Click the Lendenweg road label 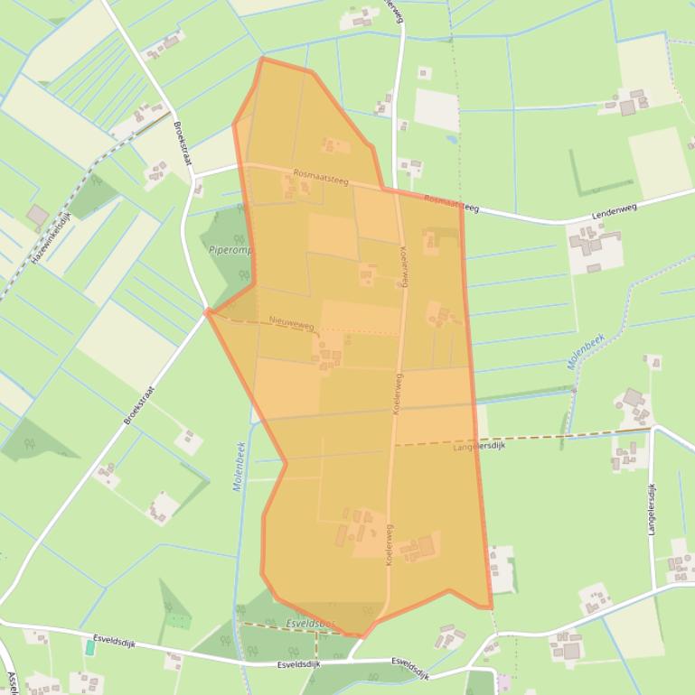tap(615, 208)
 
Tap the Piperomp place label tap(230, 250)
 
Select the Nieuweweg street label tap(291, 322)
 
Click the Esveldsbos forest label tap(310, 624)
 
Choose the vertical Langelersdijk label tap(652, 509)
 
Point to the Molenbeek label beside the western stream tap(239, 466)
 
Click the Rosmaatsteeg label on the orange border tap(450, 203)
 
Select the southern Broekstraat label tap(139, 406)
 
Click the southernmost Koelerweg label tap(389, 545)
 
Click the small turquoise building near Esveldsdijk tap(90, 647)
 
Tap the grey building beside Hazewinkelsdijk tap(37, 216)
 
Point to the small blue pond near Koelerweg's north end tap(451, 140)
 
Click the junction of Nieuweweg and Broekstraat tap(208, 312)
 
